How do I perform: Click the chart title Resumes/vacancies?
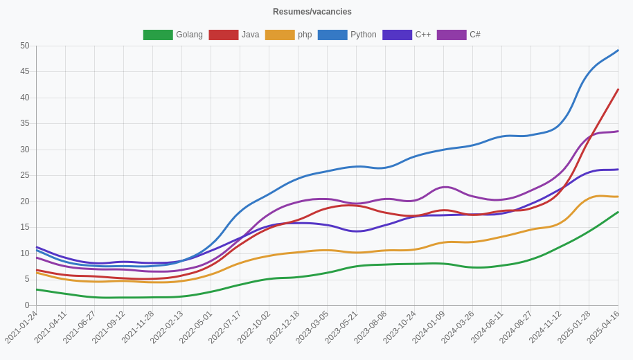tap(312, 12)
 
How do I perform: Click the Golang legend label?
tap(189, 35)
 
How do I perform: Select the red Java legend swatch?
tap(223, 35)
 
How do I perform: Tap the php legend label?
tap(305, 35)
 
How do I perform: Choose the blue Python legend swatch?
tap(332, 35)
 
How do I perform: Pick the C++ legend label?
tap(422, 35)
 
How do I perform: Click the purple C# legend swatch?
tap(452, 35)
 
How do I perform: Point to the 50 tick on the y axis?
tap(25, 46)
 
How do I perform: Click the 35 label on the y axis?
tap(25, 124)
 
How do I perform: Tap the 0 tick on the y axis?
tap(27, 305)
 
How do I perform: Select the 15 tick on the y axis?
tap(25, 227)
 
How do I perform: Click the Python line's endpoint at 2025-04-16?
tap(618, 51)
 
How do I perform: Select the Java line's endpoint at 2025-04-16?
tap(618, 89)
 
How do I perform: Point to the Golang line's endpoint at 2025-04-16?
tap(618, 213)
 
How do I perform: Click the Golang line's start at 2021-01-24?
tap(37, 289)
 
